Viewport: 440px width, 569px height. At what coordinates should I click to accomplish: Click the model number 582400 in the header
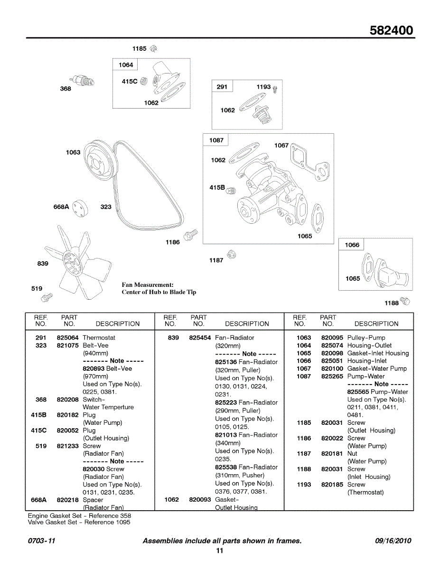pos(391,31)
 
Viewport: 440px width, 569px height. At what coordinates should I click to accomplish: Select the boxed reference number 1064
pos(126,65)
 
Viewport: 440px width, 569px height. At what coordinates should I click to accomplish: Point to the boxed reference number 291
pos(222,87)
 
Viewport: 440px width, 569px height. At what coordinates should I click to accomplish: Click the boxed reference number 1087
pos(216,140)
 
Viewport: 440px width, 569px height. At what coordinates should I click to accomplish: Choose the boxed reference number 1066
pos(352,245)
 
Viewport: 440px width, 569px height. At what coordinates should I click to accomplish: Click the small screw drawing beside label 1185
pos(153,48)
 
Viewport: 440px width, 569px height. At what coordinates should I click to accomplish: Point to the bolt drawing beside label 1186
pos(191,234)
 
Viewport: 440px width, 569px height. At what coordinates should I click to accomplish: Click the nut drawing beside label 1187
pos(232,255)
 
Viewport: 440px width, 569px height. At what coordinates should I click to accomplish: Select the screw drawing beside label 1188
pos(405,301)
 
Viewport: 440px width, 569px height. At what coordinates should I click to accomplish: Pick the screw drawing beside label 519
pos(47,297)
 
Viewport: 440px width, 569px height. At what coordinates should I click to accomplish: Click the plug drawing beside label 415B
pos(231,190)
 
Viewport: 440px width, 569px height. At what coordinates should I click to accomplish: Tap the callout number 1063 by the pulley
pos(73,152)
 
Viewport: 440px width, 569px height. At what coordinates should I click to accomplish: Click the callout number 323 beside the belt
pos(106,207)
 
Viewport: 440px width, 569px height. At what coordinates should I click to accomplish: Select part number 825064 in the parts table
pos(67,338)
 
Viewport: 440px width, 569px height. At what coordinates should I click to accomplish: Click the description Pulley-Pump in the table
pos(366,338)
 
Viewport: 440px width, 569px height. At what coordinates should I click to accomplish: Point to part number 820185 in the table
pos(332,485)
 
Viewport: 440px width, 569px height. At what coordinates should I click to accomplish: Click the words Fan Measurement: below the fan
pos(148,284)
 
